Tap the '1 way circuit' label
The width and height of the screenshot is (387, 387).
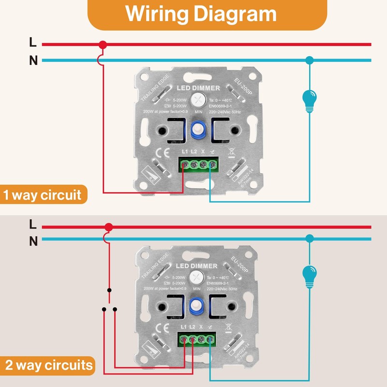coord(43,195)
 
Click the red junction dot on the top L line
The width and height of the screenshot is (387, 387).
coord(102,45)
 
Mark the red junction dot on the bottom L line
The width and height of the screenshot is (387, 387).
coord(109,226)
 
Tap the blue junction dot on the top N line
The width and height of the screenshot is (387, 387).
coord(310,60)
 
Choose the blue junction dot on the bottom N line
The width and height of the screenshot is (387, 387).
coord(310,238)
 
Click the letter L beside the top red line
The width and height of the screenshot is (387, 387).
coord(33,43)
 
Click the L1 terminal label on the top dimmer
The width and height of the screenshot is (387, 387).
coord(184,152)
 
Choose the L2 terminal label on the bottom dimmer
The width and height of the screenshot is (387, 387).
coord(193,328)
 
